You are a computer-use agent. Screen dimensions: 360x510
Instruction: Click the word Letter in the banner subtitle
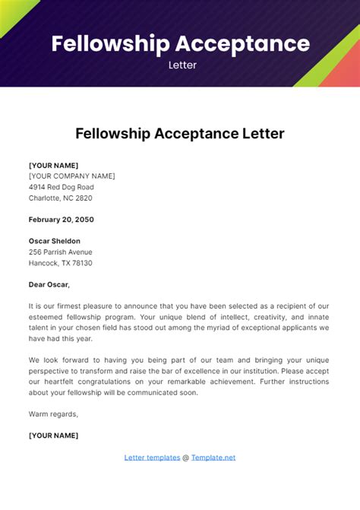(x=182, y=65)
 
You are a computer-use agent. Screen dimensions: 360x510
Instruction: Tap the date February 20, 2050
(x=62, y=219)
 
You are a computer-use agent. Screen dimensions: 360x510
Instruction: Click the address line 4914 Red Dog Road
(x=62, y=187)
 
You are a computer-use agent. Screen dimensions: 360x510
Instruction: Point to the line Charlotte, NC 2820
(x=61, y=198)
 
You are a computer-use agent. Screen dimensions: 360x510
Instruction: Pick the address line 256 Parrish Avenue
(x=61, y=252)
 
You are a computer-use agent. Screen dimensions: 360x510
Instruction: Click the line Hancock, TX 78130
(x=61, y=263)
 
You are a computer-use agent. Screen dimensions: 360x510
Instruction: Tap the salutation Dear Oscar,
(x=49, y=284)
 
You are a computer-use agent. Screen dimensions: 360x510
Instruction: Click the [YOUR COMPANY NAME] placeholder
(x=72, y=176)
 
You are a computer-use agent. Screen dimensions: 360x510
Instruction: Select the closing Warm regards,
(x=54, y=414)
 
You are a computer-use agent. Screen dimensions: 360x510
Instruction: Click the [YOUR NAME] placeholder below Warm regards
(x=54, y=436)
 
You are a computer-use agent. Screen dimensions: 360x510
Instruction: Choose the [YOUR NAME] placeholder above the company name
(x=54, y=165)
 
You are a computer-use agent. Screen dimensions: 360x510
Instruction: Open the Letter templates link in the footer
(x=152, y=458)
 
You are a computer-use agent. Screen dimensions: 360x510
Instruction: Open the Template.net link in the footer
(x=213, y=458)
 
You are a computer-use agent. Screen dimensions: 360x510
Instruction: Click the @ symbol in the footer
(x=185, y=458)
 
